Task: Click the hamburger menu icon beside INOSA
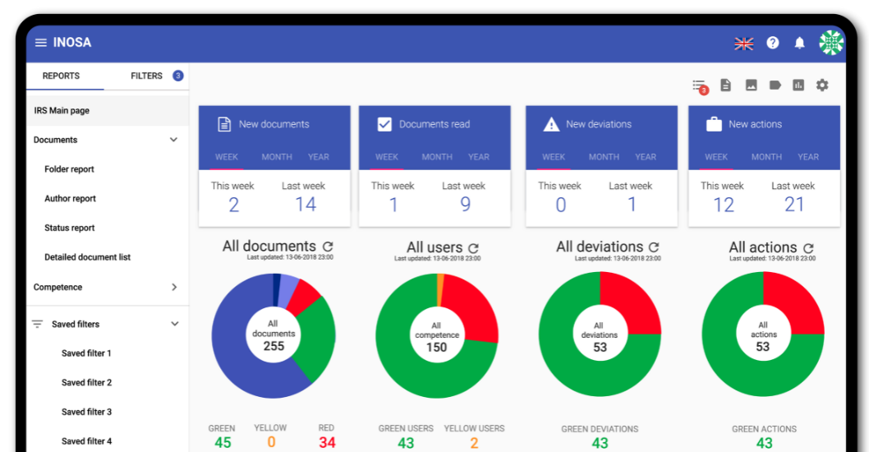point(40,43)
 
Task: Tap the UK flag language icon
point(743,44)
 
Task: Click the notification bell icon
point(799,44)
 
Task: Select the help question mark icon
point(772,43)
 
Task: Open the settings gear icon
point(822,85)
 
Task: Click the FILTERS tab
point(147,76)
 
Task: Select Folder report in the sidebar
point(69,169)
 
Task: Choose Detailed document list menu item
point(87,257)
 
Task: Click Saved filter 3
point(86,412)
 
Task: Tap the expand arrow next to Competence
point(173,287)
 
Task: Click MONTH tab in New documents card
point(277,157)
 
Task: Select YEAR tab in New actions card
point(808,157)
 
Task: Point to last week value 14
point(306,205)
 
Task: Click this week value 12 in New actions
point(723,205)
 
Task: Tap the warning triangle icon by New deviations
point(551,125)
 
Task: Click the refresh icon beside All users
point(473,247)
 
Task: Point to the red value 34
point(327,443)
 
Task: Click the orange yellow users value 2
point(474,443)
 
